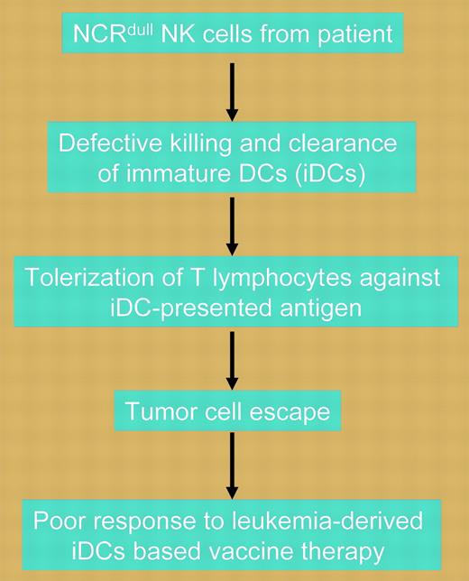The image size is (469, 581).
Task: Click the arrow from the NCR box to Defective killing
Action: [233, 90]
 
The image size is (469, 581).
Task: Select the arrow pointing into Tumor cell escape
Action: [233, 358]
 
